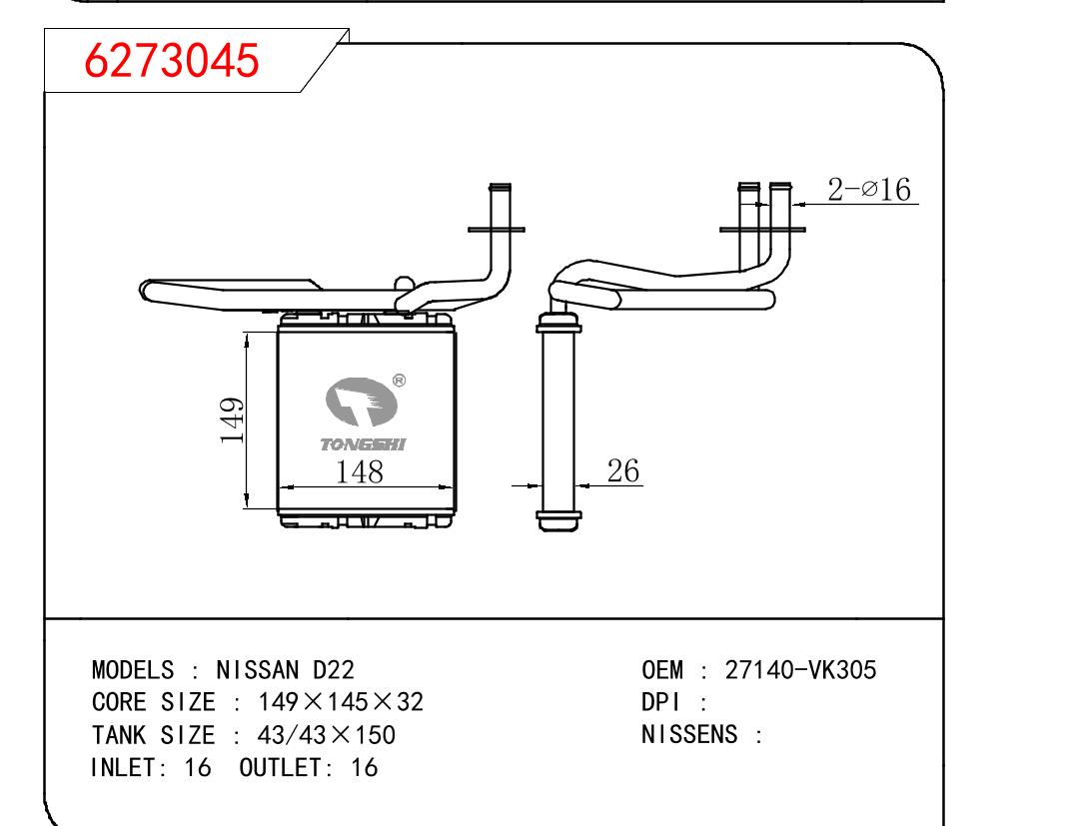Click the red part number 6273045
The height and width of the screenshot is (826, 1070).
171,60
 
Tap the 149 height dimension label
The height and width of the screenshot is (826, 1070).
233,420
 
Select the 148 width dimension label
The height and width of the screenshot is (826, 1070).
359,472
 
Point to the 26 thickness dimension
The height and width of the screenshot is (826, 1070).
623,470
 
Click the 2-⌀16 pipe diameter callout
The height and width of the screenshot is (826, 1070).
869,189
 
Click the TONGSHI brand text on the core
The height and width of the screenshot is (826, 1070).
363,444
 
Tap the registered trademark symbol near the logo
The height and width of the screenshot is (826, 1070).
400,381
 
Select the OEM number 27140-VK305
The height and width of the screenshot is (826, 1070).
800,670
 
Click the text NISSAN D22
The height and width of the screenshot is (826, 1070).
286,670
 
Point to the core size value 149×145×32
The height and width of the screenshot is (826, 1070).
341,702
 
